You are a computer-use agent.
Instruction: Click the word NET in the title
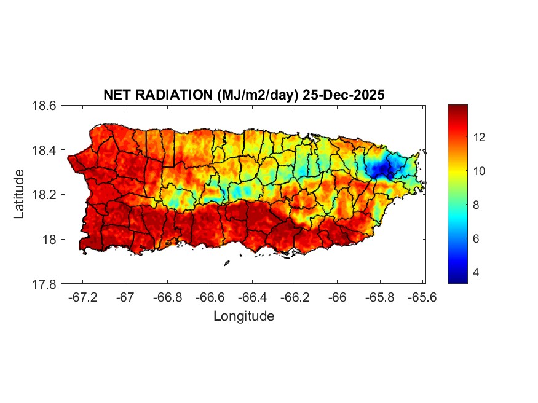click(x=117, y=95)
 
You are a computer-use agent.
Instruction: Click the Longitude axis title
click(x=243, y=316)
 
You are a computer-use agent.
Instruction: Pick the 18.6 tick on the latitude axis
click(x=44, y=106)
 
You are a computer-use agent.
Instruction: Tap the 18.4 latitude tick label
click(x=44, y=151)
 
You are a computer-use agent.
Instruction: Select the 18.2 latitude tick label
click(x=44, y=195)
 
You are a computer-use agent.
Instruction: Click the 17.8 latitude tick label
click(x=44, y=284)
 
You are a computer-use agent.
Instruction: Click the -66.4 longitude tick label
click(x=252, y=297)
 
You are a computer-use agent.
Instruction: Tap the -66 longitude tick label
click(x=337, y=297)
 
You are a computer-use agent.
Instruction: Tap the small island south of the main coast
click(x=226, y=264)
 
